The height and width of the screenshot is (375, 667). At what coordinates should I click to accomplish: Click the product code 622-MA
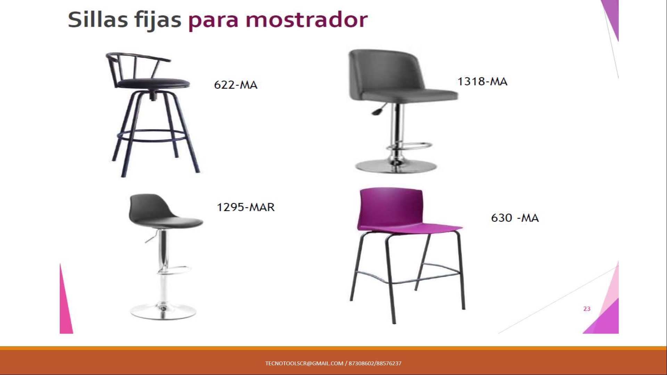click(x=236, y=85)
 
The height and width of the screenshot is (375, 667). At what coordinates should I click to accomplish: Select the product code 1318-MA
click(x=482, y=81)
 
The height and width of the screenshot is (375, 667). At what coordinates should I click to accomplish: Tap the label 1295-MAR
click(x=246, y=207)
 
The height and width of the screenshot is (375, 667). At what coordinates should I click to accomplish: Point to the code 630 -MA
click(x=515, y=218)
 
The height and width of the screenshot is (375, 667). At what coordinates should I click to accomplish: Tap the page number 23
click(x=587, y=309)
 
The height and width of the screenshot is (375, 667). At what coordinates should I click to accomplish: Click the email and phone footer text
click(x=333, y=363)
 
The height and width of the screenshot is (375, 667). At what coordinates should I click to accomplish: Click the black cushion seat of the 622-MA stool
click(x=154, y=84)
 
